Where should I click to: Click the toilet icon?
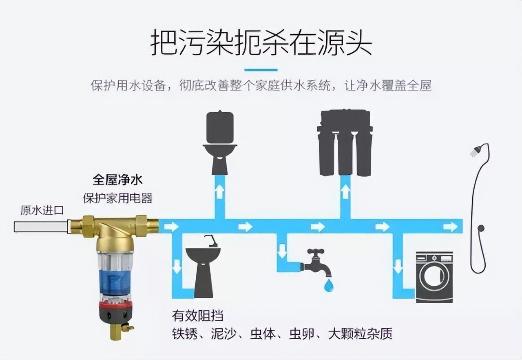coord(220,143)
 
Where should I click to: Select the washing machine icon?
coord(434,277)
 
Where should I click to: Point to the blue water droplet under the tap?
coord(328,285)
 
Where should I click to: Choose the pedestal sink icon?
coord(203,267)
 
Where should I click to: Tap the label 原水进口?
coord(42,211)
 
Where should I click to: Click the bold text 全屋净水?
coord(117,180)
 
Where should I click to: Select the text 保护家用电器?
coord(117,198)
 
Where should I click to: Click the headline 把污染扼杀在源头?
coord(261,42)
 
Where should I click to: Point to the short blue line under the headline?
coord(261,70)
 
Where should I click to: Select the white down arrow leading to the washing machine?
coord(398,269)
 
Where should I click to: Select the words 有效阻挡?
coord(197,316)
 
